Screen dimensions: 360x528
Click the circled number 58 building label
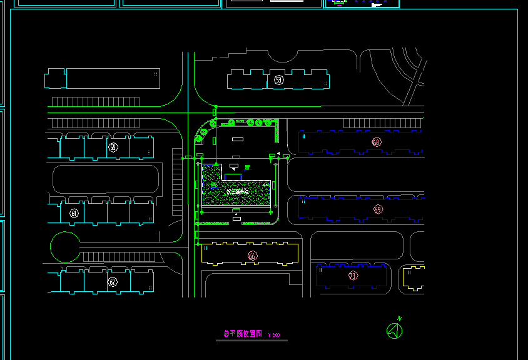113,147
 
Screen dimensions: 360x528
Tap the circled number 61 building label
74,214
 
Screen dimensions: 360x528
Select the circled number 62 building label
113,282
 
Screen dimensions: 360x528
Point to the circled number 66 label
252,256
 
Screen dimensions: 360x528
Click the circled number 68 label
376,142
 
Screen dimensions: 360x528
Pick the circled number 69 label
377,209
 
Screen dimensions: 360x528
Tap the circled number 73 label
353,275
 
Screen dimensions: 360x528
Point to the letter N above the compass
399,318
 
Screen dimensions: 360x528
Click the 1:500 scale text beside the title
274,336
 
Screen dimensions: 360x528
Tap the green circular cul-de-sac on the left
66,247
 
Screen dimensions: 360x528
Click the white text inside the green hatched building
238,192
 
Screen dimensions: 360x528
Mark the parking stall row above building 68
382,123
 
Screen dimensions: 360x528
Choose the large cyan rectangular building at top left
113,79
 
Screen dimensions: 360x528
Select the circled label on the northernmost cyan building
279,80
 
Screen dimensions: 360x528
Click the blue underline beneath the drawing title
251,341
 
